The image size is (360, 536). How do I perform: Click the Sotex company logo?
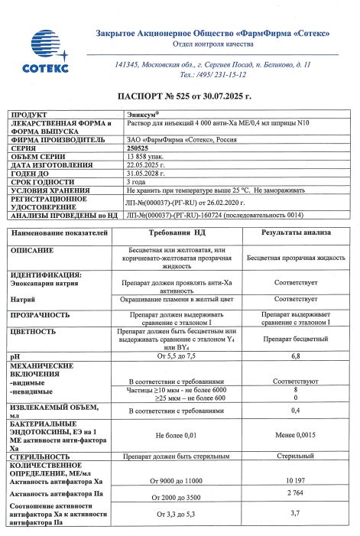click(x=50, y=53)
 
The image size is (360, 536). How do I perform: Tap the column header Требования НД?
click(x=177, y=231)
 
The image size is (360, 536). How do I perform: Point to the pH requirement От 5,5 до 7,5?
click(x=177, y=356)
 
